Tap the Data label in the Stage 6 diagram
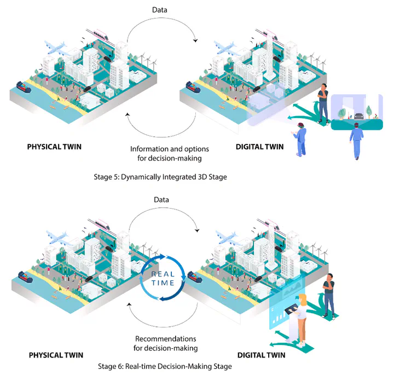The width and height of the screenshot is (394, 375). pos(162,200)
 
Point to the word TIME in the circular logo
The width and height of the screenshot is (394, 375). pos(163,283)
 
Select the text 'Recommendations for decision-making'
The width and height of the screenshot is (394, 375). pos(165,343)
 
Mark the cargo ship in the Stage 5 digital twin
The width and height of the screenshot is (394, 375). pos(195,86)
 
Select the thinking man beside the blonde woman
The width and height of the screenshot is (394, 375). pos(328,296)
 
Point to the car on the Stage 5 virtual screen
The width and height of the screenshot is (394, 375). pos(357,116)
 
